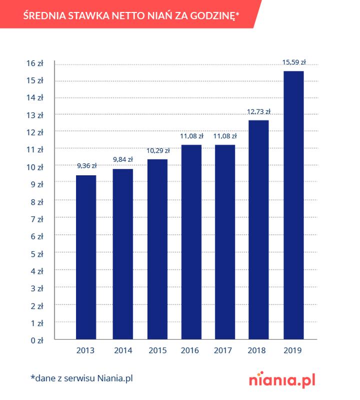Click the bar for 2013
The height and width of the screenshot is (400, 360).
(86, 257)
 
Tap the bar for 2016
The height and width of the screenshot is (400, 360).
(191, 242)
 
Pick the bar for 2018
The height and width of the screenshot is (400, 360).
(259, 230)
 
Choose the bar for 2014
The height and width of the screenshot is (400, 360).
(122, 254)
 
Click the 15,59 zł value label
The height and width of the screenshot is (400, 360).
(294, 62)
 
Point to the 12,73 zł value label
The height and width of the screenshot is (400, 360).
(259, 111)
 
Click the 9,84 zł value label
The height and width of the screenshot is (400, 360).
(122, 160)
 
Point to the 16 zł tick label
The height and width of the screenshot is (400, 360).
(36, 63)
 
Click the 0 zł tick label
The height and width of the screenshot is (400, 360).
(38, 340)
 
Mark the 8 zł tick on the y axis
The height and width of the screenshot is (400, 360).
(38, 202)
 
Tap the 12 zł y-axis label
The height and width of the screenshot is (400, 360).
(36, 132)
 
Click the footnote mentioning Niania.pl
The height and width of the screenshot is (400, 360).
(81, 378)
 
